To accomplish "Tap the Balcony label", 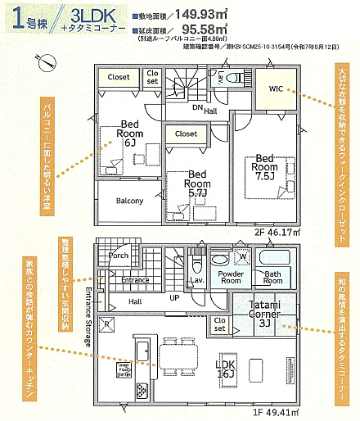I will tap(128, 201).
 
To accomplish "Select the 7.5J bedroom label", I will tap(264, 166).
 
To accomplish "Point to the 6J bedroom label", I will tap(129, 131).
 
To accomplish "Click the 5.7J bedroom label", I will tap(196, 185).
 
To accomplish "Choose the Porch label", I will tap(118, 255).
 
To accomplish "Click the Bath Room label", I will tap(272, 278).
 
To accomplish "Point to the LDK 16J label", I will tap(226, 368).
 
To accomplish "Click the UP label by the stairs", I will tap(175, 297).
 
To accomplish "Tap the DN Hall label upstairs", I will tap(204, 108).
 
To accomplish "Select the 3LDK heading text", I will tap(97, 16).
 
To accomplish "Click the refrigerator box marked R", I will tap(108, 324).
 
